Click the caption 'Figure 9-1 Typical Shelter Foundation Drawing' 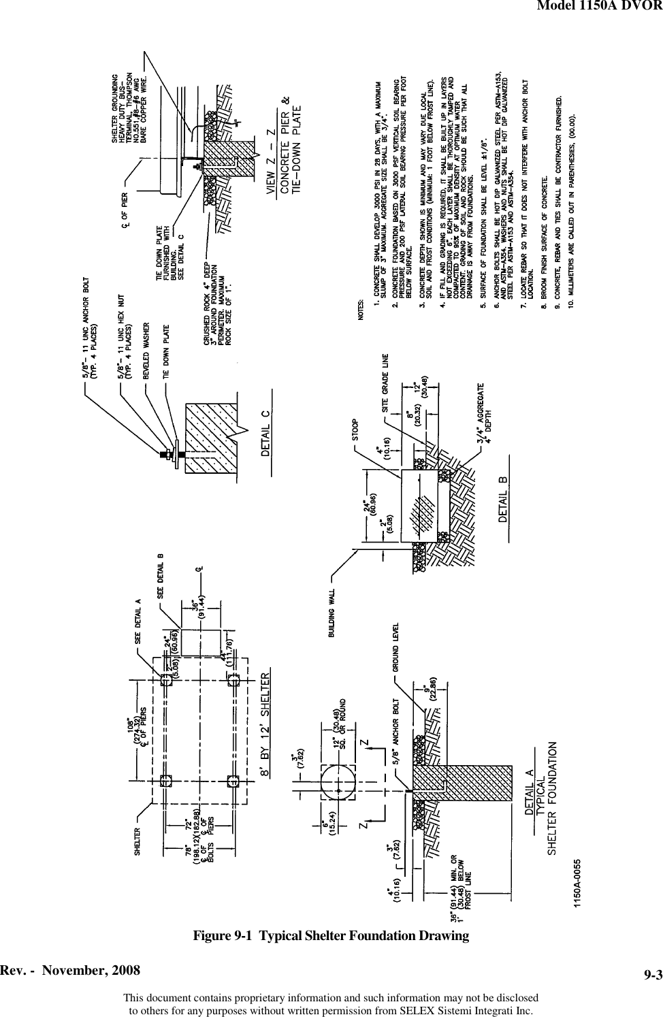tap(331, 935)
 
